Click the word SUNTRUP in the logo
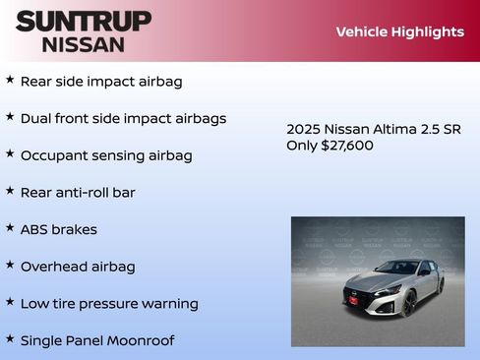point(83,22)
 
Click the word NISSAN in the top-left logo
point(83,44)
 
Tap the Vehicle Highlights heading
point(399,31)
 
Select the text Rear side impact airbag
point(101,82)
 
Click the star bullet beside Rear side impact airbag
point(10,80)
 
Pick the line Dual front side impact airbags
point(123,118)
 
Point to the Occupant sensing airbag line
point(106,155)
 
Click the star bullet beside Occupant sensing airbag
point(10,153)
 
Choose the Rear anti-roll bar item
point(78,193)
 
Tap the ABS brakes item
point(59,229)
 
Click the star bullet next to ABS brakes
point(10,227)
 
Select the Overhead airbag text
point(78,267)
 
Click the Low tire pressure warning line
point(109,304)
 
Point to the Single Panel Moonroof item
point(97,340)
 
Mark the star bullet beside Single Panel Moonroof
point(10,338)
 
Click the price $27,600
point(347,146)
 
